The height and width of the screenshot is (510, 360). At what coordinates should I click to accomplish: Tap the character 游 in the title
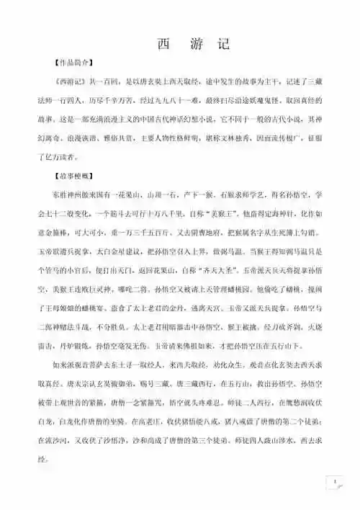tap(194, 43)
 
